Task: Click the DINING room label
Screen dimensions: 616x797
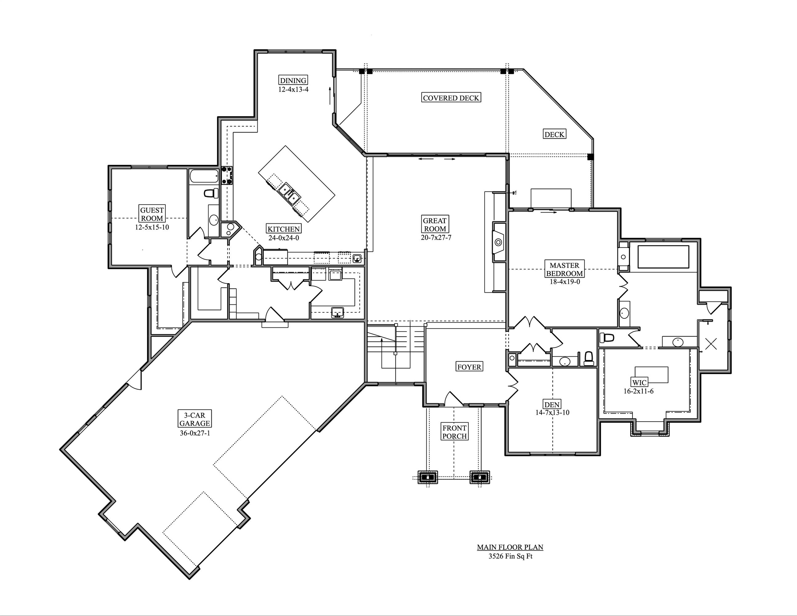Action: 293,80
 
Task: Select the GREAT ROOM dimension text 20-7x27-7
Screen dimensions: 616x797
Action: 436,237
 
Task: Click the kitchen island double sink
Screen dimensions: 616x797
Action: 289,193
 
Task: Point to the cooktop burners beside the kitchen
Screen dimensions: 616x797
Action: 227,175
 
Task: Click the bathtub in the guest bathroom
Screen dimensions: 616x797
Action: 204,176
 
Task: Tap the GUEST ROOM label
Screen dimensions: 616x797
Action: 152,214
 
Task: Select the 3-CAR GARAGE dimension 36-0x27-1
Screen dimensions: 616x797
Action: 195,433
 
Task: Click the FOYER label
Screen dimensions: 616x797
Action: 469,367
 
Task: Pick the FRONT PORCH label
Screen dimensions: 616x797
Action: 454,432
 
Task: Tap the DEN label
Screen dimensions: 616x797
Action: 552,404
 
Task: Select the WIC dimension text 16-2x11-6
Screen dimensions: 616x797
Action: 638,391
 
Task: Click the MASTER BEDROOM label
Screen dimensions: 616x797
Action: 564,269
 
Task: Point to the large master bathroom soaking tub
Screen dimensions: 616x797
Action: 663,257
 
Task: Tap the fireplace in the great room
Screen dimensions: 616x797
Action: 498,241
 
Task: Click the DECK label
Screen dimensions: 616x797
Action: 554,134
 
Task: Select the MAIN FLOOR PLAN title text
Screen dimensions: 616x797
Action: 510,547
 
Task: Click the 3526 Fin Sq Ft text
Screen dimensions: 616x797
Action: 510,557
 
